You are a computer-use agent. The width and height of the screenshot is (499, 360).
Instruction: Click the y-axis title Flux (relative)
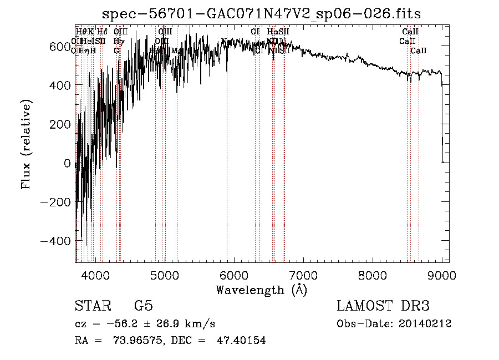(x=26, y=144)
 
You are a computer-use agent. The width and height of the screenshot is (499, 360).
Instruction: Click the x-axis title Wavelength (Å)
(x=261, y=290)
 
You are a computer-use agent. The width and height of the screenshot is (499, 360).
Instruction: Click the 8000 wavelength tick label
(x=372, y=275)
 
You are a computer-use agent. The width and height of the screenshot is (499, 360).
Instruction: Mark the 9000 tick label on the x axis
(x=441, y=275)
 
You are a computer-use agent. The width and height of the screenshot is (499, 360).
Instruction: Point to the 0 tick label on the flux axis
(x=67, y=163)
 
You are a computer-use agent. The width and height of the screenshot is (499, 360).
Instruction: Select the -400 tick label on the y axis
(x=56, y=241)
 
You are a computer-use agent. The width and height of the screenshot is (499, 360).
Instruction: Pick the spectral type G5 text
(x=143, y=306)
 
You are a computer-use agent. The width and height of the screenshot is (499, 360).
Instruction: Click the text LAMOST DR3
(x=383, y=306)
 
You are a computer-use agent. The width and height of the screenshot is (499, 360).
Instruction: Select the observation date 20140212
(x=425, y=324)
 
